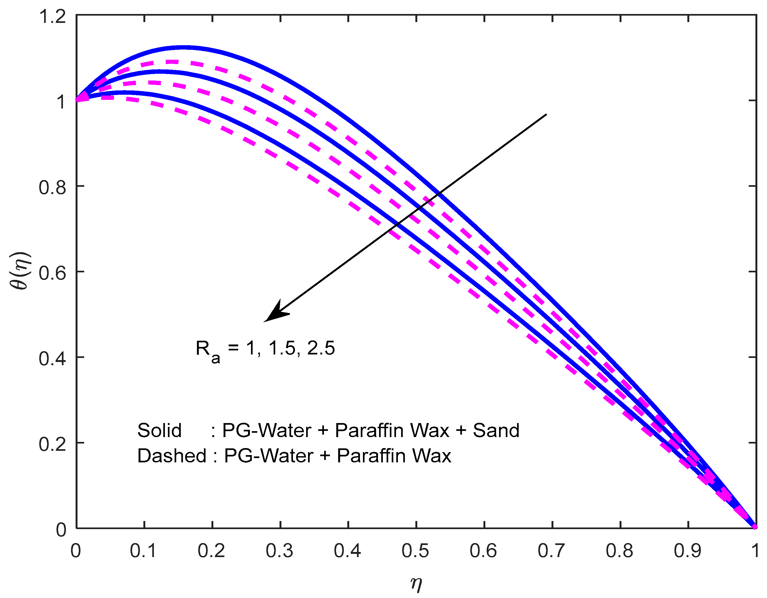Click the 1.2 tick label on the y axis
[x=52, y=16]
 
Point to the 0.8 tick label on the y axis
[x=52, y=187]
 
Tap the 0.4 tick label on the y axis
[x=52, y=359]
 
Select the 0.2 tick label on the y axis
[x=52, y=444]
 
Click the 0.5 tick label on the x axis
[x=415, y=551]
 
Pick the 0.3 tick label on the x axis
[x=279, y=551]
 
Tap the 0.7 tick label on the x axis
[x=551, y=551]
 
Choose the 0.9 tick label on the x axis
[x=687, y=551]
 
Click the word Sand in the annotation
[x=496, y=430]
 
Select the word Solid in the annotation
[x=159, y=430]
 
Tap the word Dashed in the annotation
[x=171, y=456]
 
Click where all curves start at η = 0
[x=77, y=99]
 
